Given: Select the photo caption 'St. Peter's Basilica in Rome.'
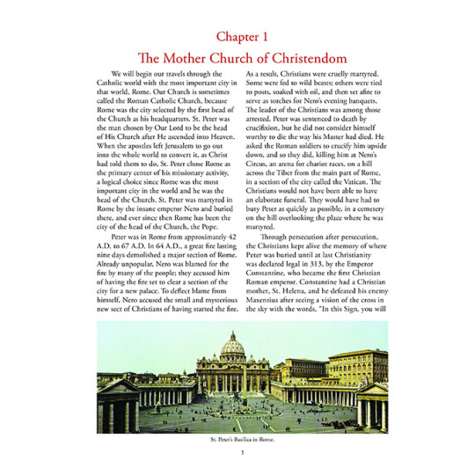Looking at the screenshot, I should [237, 436].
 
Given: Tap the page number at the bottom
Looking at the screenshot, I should [237, 453].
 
